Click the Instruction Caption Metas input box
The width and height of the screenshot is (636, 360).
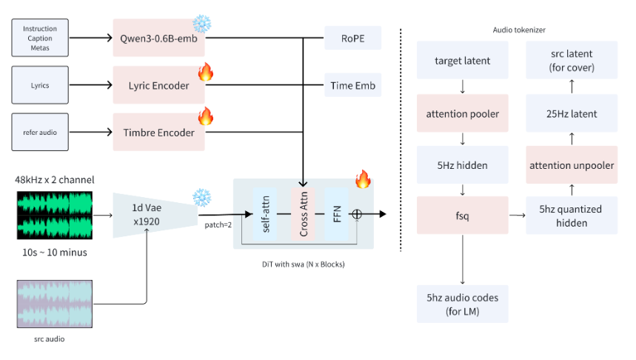[x=40, y=38]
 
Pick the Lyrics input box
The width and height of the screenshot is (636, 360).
[x=40, y=85]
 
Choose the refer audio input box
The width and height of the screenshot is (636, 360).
[x=40, y=133]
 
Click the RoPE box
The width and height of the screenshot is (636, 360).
[x=352, y=38]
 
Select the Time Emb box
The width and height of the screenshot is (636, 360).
[x=352, y=85]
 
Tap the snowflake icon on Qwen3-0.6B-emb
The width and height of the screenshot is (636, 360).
[x=201, y=22]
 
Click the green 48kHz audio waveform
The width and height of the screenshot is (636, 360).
[x=55, y=215]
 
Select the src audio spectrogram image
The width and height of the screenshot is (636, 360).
[x=55, y=304]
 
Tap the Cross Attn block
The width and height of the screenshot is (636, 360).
[x=303, y=213]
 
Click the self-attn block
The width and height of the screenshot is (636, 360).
[x=264, y=213]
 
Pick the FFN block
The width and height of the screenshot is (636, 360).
[x=337, y=213]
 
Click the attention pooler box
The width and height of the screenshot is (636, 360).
[x=462, y=114]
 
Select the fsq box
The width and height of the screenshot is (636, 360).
[x=462, y=215]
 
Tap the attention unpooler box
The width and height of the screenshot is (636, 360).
[x=571, y=165]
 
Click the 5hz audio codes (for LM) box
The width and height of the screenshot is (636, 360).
[x=462, y=303]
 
